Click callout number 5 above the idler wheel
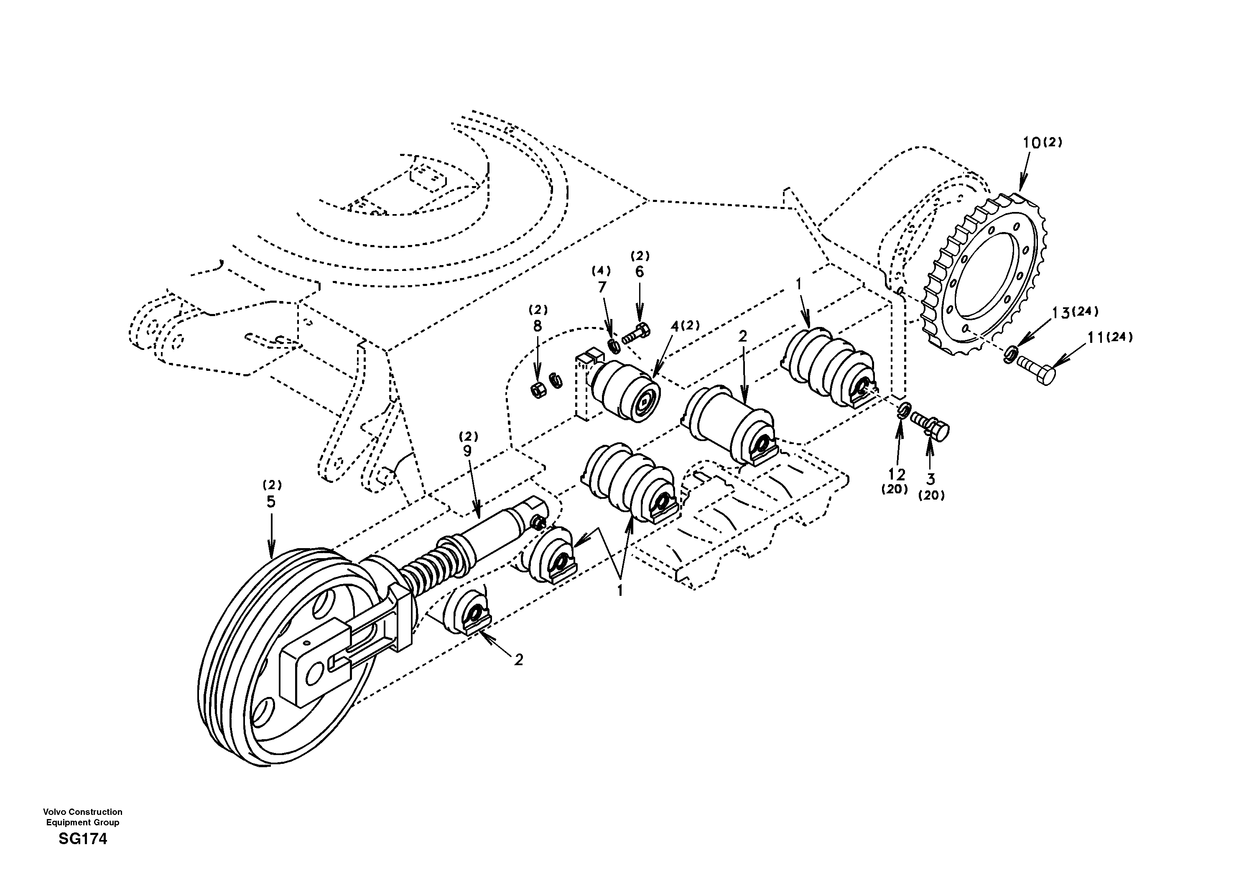271,502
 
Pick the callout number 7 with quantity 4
602,288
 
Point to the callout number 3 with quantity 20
931,479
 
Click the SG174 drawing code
83,840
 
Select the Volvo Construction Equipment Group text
83,817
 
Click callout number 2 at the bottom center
518,660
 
